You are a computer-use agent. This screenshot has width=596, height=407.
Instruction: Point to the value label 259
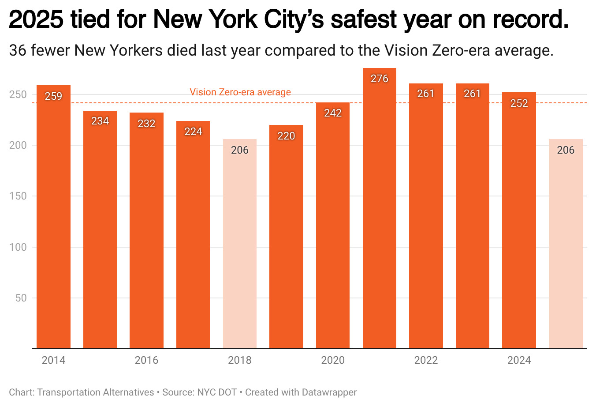tap(53, 96)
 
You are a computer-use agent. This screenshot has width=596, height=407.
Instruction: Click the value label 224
tap(193, 132)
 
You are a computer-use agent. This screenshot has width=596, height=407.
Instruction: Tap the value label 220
tap(286, 136)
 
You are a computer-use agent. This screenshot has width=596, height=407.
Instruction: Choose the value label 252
tap(519, 103)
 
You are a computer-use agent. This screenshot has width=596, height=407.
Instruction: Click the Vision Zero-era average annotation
tap(240, 92)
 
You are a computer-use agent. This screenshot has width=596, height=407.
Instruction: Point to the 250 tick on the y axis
tap(18, 94)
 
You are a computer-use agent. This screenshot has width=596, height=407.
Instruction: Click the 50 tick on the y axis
tap(21, 298)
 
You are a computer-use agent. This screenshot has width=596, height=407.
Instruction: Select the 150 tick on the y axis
tap(18, 196)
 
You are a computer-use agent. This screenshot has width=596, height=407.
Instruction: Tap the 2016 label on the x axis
tap(146, 360)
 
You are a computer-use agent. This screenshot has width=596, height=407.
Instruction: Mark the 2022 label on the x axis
tap(426, 360)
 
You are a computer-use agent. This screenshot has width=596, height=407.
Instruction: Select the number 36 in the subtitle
tap(18, 51)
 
